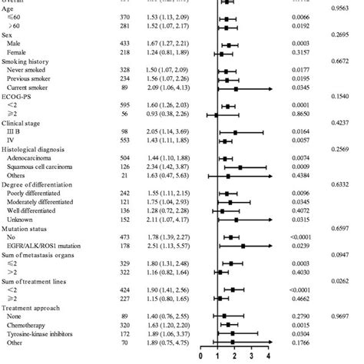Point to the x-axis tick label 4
coord(268,356)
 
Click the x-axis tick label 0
coord(200,356)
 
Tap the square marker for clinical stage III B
coord(235,132)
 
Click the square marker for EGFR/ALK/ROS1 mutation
coord(243,246)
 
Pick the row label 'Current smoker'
coord(35,89)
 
